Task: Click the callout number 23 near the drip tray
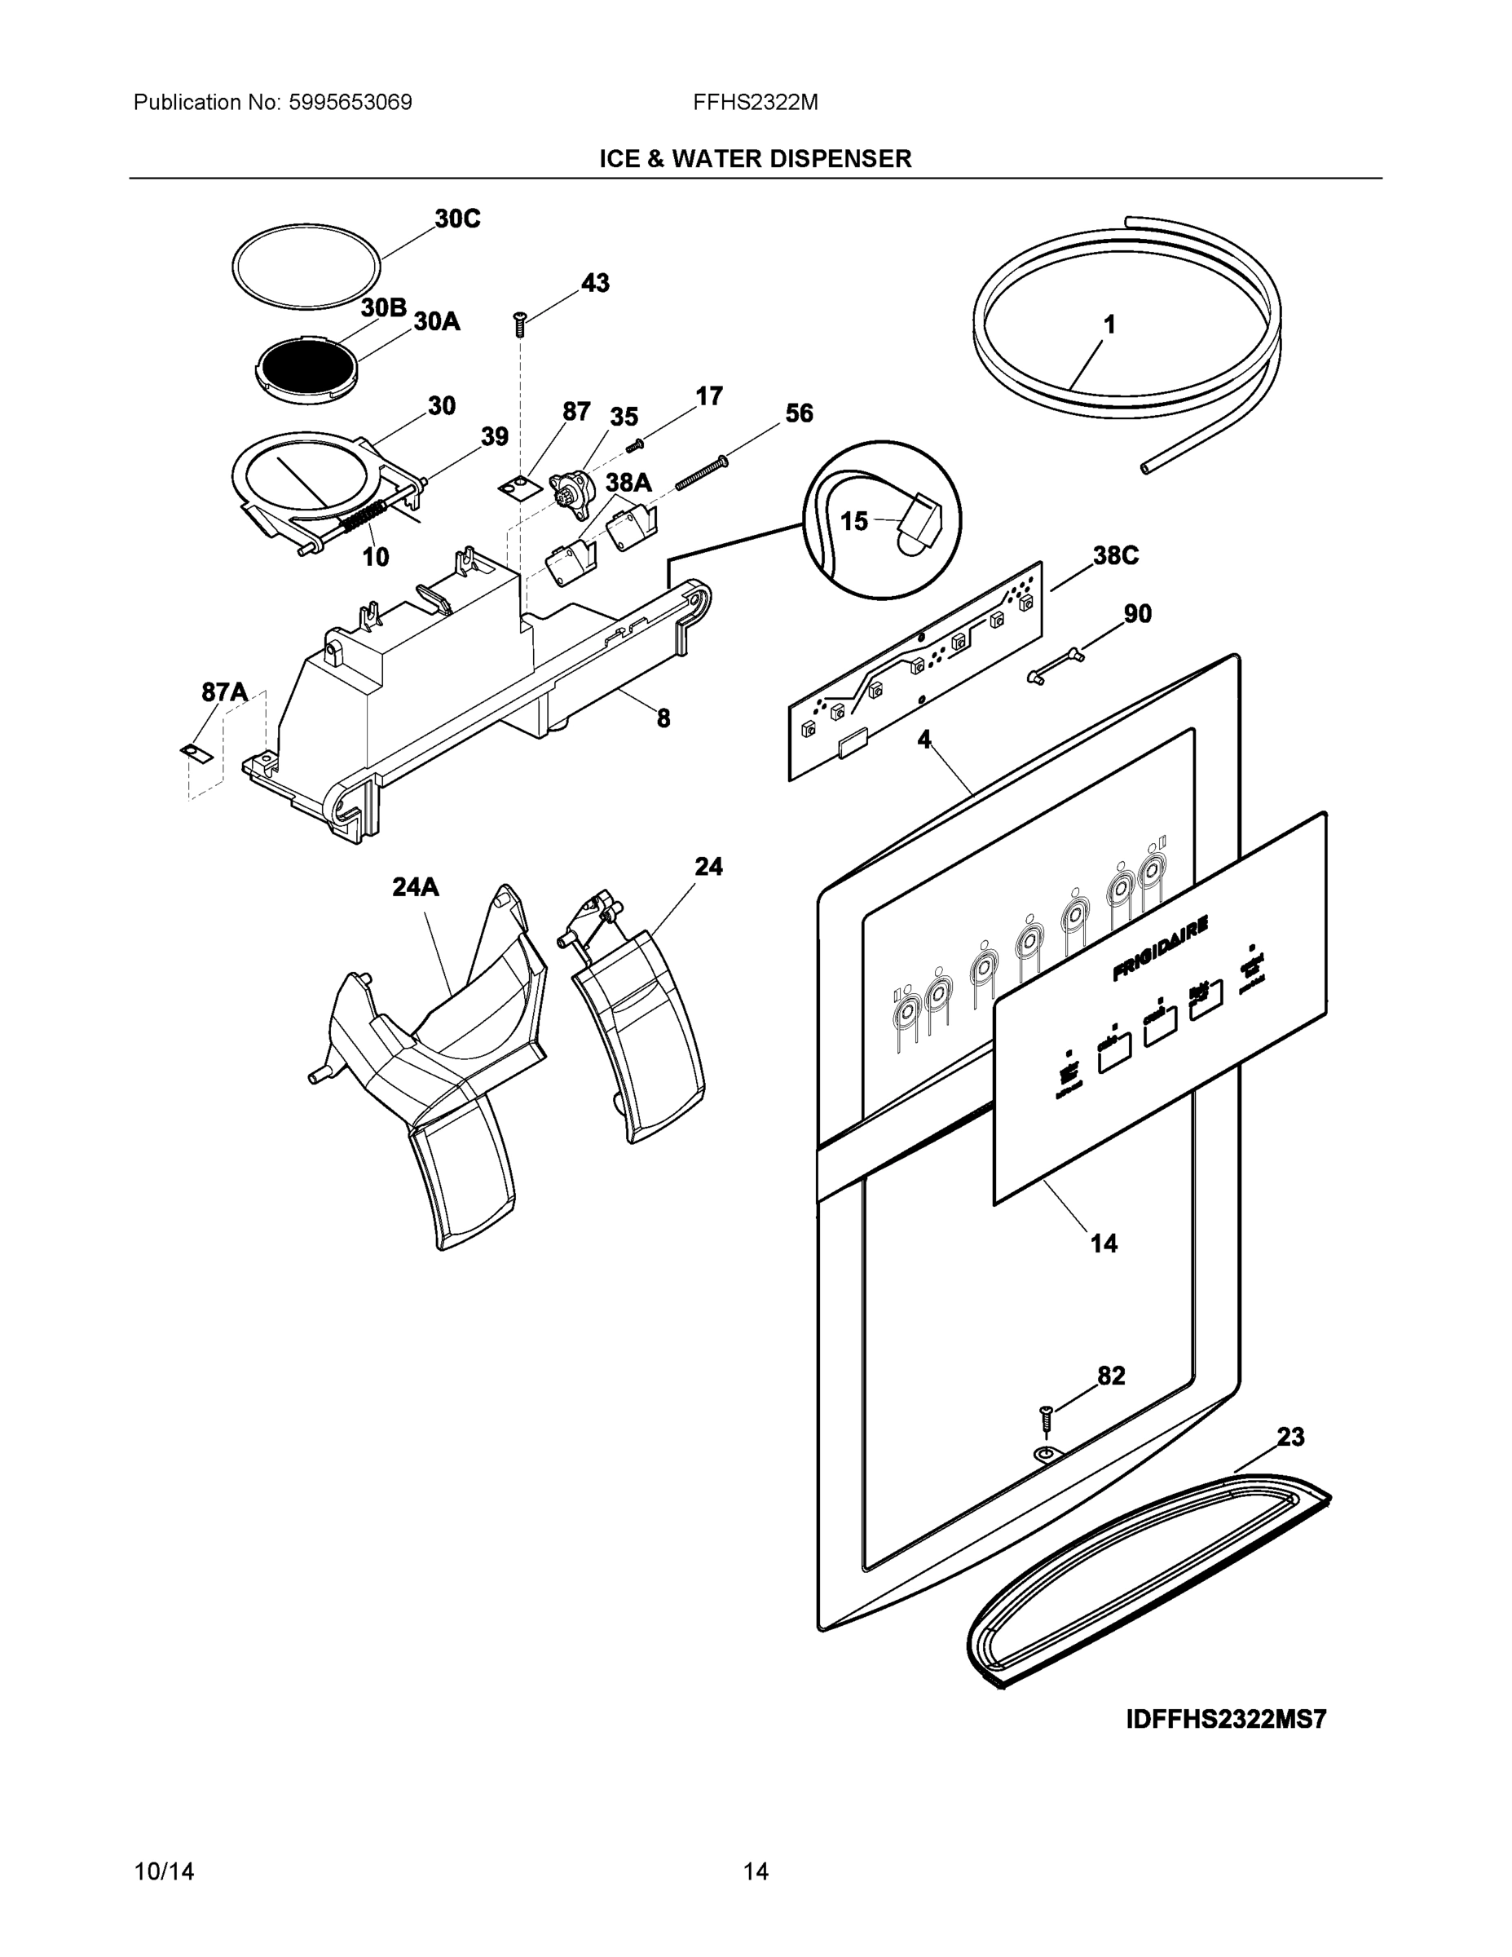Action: [1289, 1438]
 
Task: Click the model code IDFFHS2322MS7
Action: [1225, 1721]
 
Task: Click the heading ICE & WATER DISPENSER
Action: [755, 159]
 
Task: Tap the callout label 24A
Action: [416, 887]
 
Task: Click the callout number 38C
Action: [1115, 555]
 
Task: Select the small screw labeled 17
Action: [636, 444]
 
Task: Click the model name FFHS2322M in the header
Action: [755, 102]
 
